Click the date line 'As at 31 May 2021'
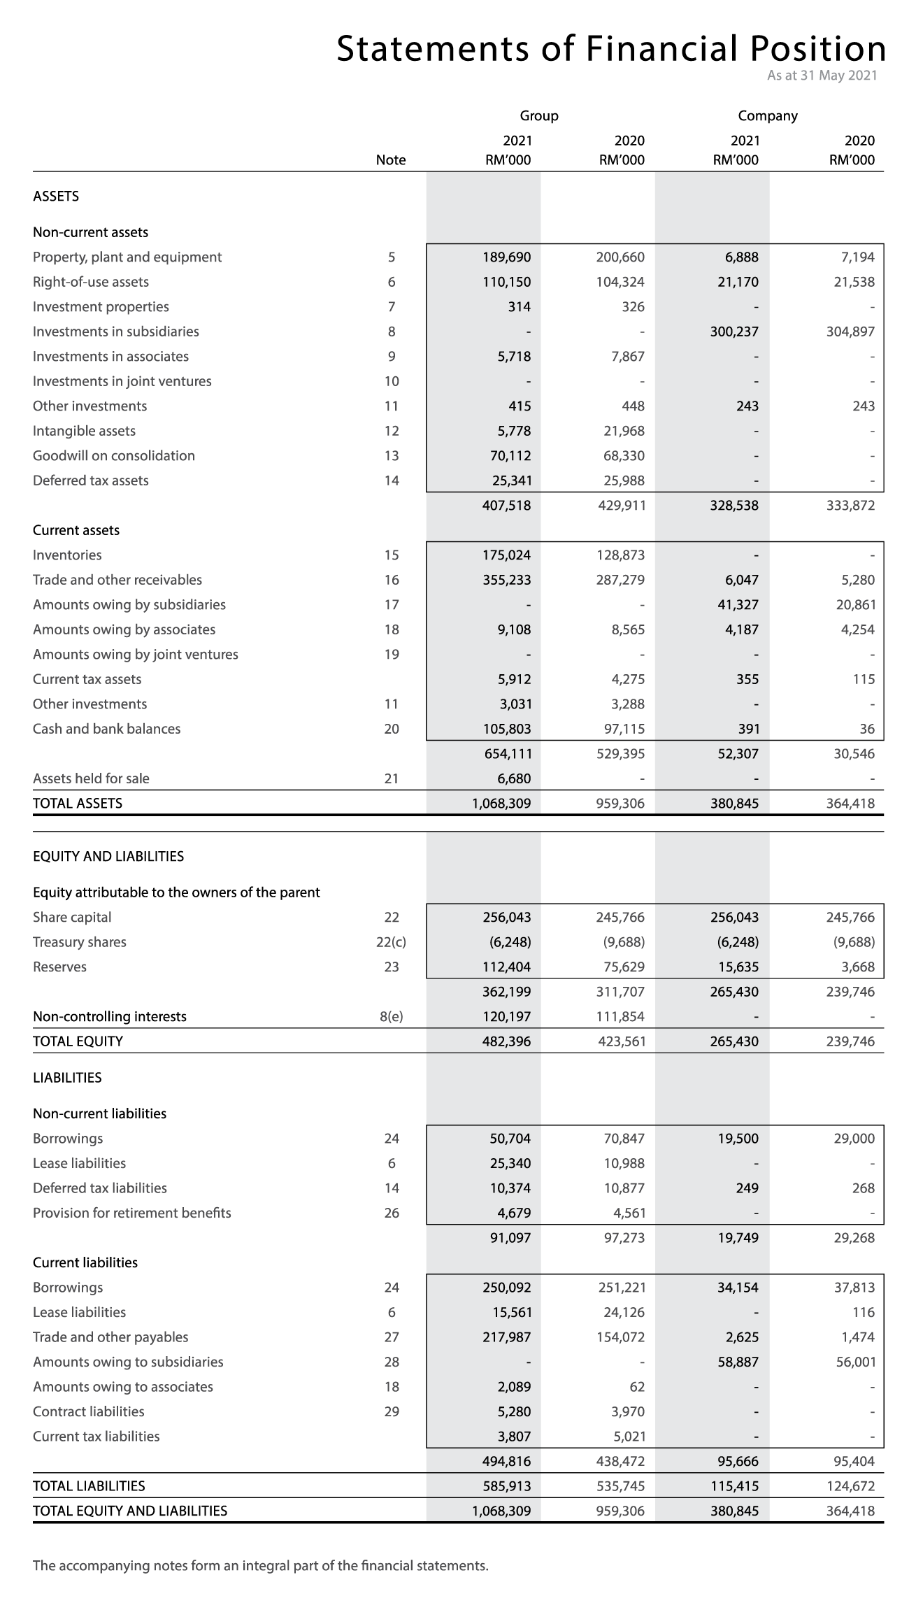[822, 76]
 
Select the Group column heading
[538, 116]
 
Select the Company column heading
[767, 116]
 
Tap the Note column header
[390, 160]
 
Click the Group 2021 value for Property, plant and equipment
[507, 257]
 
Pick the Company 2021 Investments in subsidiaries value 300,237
[734, 332]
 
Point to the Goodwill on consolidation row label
[114, 456]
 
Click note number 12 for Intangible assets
[391, 431]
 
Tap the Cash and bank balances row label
[106, 729]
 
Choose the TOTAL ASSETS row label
[78, 804]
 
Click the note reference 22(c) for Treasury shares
[391, 942]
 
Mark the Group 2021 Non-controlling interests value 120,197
[507, 1016]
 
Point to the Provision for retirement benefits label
[131, 1213]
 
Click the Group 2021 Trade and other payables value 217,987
[507, 1337]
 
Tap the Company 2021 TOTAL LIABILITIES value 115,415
[734, 1486]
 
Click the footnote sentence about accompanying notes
[260, 1565]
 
